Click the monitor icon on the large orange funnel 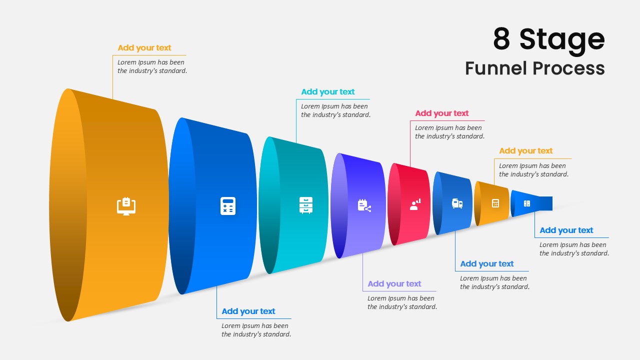126,205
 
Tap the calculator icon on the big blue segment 228,206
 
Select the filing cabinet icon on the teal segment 305,205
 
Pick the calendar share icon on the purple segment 364,205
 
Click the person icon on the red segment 415,204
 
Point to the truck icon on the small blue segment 457,203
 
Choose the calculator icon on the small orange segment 495,203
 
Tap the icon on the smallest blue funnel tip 526,203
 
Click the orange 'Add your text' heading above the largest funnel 144,48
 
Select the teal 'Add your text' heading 327,92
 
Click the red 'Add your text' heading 441,113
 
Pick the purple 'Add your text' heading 394,284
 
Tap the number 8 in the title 501,39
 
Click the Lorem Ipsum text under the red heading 449,132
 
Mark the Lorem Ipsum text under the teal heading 335,110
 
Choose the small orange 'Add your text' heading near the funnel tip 525,151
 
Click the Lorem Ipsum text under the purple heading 402,302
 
